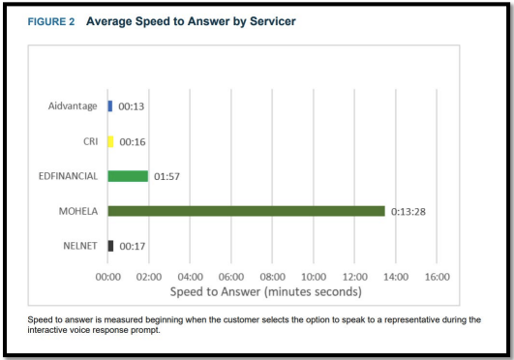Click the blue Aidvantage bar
pyautogui.click(x=110, y=105)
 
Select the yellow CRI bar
pyautogui.click(x=110, y=141)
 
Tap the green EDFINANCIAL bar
pyautogui.click(x=128, y=176)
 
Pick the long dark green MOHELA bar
pyautogui.click(x=246, y=211)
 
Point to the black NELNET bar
pyautogui.click(x=110, y=246)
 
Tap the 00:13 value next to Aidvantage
pyautogui.click(x=132, y=106)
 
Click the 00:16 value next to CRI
pyautogui.click(x=133, y=142)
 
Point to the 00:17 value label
pyautogui.click(x=133, y=247)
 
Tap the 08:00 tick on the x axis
pyautogui.click(x=273, y=277)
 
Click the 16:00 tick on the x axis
pyautogui.click(x=438, y=277)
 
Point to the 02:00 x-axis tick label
pyautogui.click(x=149, y=277)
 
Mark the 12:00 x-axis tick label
pyautogui.click(x=355, y=277)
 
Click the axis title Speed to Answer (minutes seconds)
pyautogui.click(x=265, y=291)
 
